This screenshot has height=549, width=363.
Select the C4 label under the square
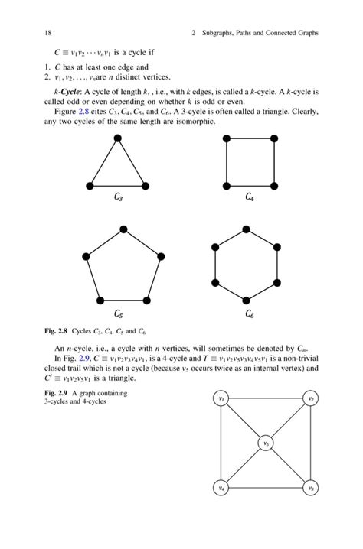point(250,197)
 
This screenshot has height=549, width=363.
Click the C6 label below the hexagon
point(250,313)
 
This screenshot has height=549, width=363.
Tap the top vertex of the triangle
point(117,138)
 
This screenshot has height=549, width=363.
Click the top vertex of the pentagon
point(122,228)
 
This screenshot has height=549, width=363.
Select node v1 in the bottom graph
point(221,398)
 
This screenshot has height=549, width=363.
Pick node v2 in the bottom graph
point(311,398)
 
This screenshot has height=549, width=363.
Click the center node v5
point(266,443)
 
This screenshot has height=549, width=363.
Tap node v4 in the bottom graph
point(221,488)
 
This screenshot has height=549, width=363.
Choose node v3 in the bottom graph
point(311,488)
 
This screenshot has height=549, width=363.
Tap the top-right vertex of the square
point(274,138)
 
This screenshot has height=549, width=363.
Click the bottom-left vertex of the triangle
point(90,186)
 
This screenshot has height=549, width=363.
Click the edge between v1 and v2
point(266,398)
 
